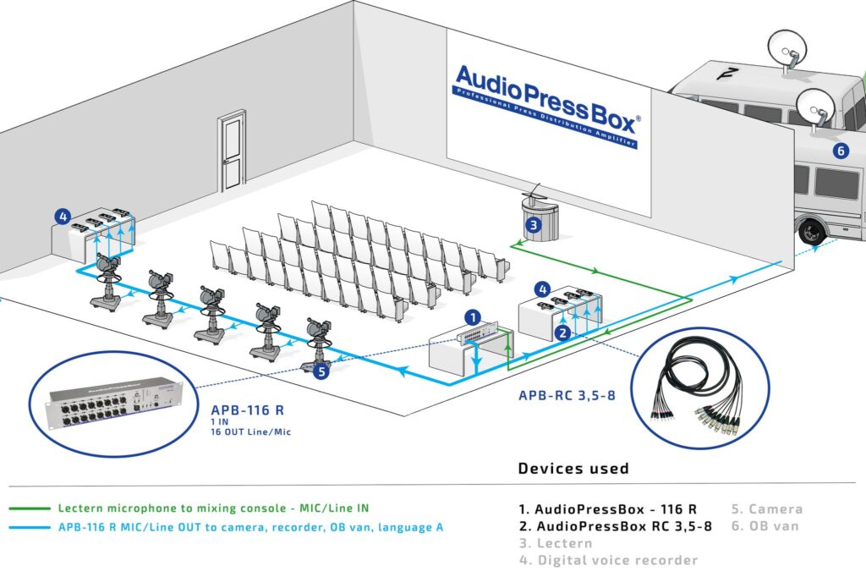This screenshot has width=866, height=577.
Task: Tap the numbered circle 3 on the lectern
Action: pyautogui.click(x=533, y=225)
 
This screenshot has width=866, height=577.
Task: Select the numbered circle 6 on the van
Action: pyautogui.click(x=840, y=151)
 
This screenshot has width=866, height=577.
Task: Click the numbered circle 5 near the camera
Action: pyautogui.click(x=321, y=370)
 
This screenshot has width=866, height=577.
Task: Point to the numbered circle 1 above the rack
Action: pyautogui.click(x=474, y=317)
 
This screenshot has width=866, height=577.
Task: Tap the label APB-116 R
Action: pyautogui.click(x=247, y=410)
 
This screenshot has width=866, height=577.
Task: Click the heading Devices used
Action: pyautogui.click(x=573, y=469)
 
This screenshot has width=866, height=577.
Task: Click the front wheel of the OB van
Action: pyautogui.click(x=811, y=231)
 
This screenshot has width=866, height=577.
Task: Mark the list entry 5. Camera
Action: pyautogui.click(x=766, y=509)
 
